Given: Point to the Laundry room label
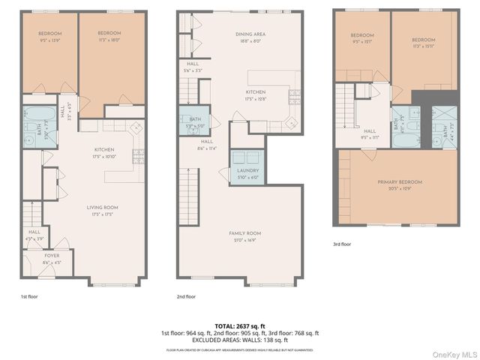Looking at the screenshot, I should point(248,173).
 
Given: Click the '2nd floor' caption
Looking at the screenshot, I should point(187,296).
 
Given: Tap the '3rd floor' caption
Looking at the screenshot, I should point(341,244).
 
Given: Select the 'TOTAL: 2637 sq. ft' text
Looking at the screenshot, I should point(239,325).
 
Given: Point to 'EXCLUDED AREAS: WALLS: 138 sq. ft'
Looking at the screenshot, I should point(239,340).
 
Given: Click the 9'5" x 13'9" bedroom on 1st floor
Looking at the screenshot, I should point(49,37).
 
